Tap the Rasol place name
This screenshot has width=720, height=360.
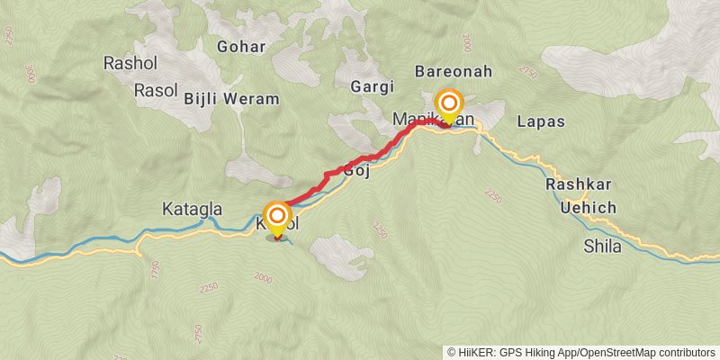[156, 90]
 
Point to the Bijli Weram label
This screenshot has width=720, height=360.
[231, 98]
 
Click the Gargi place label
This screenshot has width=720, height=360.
[373, 86]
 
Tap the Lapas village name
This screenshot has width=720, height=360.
[541, 121]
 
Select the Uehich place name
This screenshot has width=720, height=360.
[588, 208]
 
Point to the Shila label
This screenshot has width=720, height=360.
[602, 246]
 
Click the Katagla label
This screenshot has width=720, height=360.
[192, 210]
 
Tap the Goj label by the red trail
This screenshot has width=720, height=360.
[357, 171]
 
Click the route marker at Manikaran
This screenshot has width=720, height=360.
[448, 103]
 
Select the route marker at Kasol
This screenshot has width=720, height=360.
[277, 216]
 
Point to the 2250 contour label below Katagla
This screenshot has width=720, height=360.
[209, 287]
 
